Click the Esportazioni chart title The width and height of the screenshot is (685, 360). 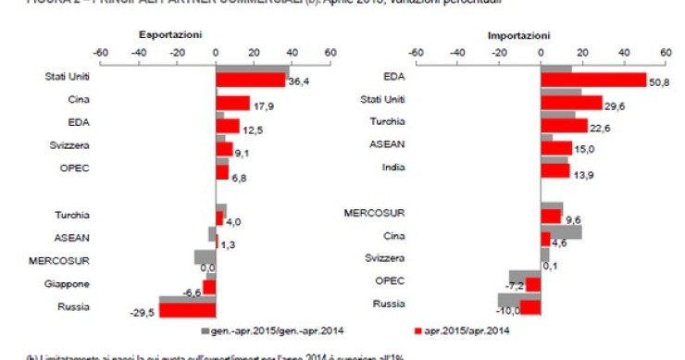pyautogui.click(x=170, y=34)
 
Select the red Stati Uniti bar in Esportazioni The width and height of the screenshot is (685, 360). pyautogui.click(x=251, y=81)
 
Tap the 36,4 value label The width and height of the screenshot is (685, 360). pyautogui.click(x=298, y=83)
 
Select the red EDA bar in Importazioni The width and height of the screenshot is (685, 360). pyautogui.click(x=592, y=81)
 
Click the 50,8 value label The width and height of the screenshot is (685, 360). pyautogui.click(x=658, y=83)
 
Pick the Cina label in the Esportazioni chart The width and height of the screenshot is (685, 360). pyautogui.click(x=78, y=99)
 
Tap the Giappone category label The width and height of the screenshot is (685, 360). pyautogui.click(x=70, y=284)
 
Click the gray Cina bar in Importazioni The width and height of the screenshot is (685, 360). pyautogui.click(x=561, y=232)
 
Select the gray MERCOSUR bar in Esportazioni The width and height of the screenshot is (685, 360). pyautogui.click(x=205, y=256)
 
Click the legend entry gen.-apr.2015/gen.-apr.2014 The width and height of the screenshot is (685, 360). pyautogui.click(x=262, y=330)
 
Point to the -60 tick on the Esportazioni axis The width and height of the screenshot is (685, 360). pyautogui.click(x=100, y=53)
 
